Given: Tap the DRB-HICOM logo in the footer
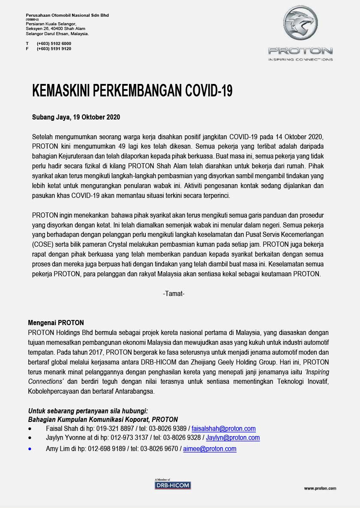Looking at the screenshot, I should pos(172,485).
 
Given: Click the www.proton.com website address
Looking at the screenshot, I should pos(320,488).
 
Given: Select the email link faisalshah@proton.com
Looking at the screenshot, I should pos(223,428).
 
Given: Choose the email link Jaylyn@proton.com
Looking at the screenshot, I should pos(233,438).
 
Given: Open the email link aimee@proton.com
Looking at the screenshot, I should pos(210,449).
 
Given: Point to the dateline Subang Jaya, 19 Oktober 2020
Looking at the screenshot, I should pos(76,117).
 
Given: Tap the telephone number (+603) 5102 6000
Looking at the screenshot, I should pos(54,43).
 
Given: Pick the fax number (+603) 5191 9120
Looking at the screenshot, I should pos(54,49).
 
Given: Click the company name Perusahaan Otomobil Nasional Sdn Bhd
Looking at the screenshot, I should pos(67,15).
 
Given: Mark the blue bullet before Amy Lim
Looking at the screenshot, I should pos(30,449).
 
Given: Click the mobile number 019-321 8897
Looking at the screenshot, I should pos(109,428).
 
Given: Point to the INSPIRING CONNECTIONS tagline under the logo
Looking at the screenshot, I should pos(300,59).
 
